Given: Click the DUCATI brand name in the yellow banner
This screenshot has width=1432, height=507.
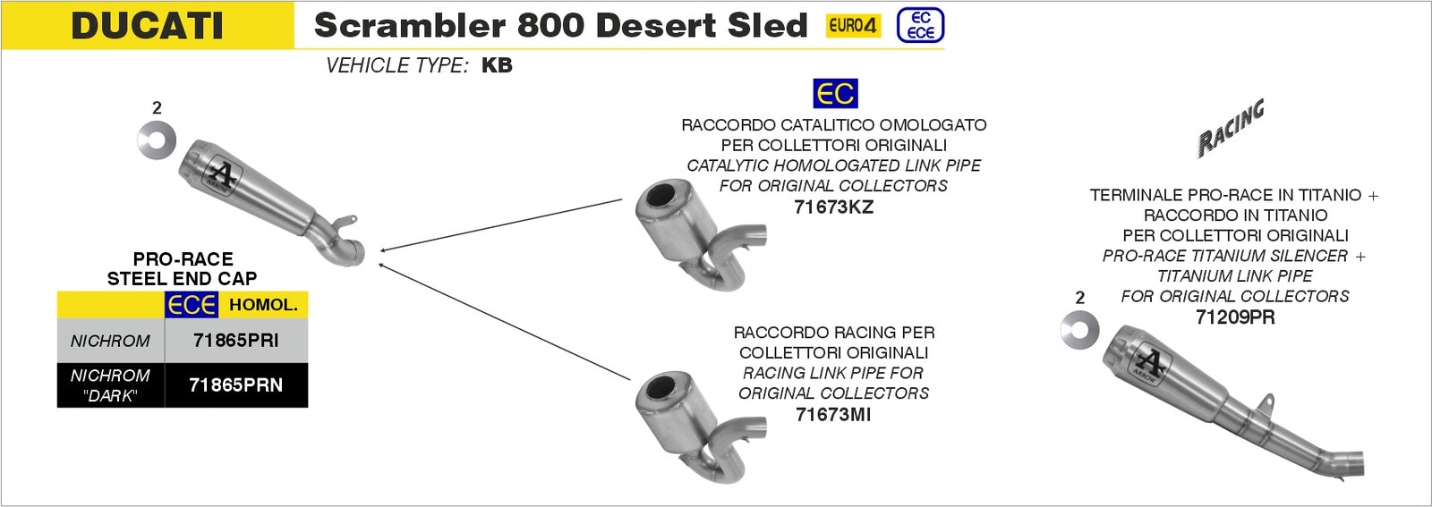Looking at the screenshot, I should tap(147, 25).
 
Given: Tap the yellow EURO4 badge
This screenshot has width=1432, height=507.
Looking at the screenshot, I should tap(853, 26).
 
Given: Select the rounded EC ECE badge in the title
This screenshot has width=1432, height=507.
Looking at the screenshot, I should tap(920, 25).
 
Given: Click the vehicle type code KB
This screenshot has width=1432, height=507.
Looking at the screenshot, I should tap(497, 65).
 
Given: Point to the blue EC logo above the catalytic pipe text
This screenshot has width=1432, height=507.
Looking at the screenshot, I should tap(834, 94).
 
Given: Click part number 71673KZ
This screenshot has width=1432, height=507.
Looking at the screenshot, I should tap(833, 207).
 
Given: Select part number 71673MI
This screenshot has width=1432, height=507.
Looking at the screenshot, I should tap(832, 414).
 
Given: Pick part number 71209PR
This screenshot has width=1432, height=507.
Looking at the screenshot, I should tap(1235, 317).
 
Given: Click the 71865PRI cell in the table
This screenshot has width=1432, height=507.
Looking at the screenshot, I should tap(235, 341).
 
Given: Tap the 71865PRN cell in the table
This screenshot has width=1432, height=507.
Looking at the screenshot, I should tap(235, 385).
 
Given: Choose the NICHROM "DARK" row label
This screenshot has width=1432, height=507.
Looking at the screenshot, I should tap(110, 385).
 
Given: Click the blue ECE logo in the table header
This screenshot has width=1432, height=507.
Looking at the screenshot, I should tap(192, 305).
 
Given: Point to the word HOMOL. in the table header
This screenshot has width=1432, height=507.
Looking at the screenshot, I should tap(263, 305).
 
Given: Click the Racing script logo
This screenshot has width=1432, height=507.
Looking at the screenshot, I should tap(1232, 128).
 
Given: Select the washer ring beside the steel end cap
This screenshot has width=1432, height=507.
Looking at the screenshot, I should tap(157, 140).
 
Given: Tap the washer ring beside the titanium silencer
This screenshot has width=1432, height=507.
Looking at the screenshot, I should tap(1079, 330).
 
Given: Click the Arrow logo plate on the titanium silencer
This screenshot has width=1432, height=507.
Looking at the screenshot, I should tap(1152, 364).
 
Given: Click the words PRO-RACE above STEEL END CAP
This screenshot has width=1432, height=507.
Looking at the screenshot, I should tap(183, 259).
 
